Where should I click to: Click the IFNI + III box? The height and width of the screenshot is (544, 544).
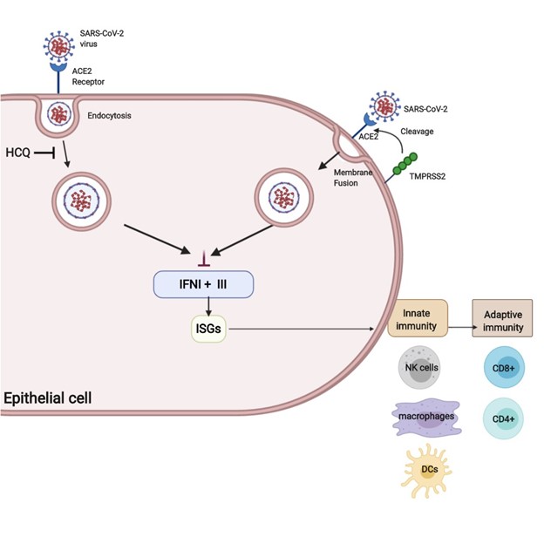click(x=203, y=283)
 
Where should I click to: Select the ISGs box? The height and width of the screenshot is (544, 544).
click(x=207, y=329)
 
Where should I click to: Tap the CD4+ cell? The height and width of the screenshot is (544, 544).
click(x=501, y=418)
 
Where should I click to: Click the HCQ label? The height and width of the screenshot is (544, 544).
click(x=17, y=153)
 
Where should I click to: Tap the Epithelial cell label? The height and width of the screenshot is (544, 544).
click(x=47, y=398)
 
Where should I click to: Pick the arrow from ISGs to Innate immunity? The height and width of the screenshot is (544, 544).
click(x=305, y=329)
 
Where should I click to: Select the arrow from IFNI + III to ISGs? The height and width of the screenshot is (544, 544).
click(x=207, y=307)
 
